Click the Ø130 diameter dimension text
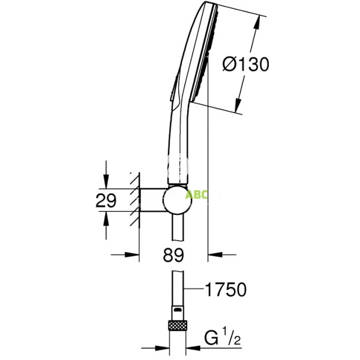[x=245, y=64]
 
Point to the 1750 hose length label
[x=225, y=290]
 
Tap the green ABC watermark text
[x=196, y=195]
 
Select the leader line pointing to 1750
[x=193, y=290]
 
